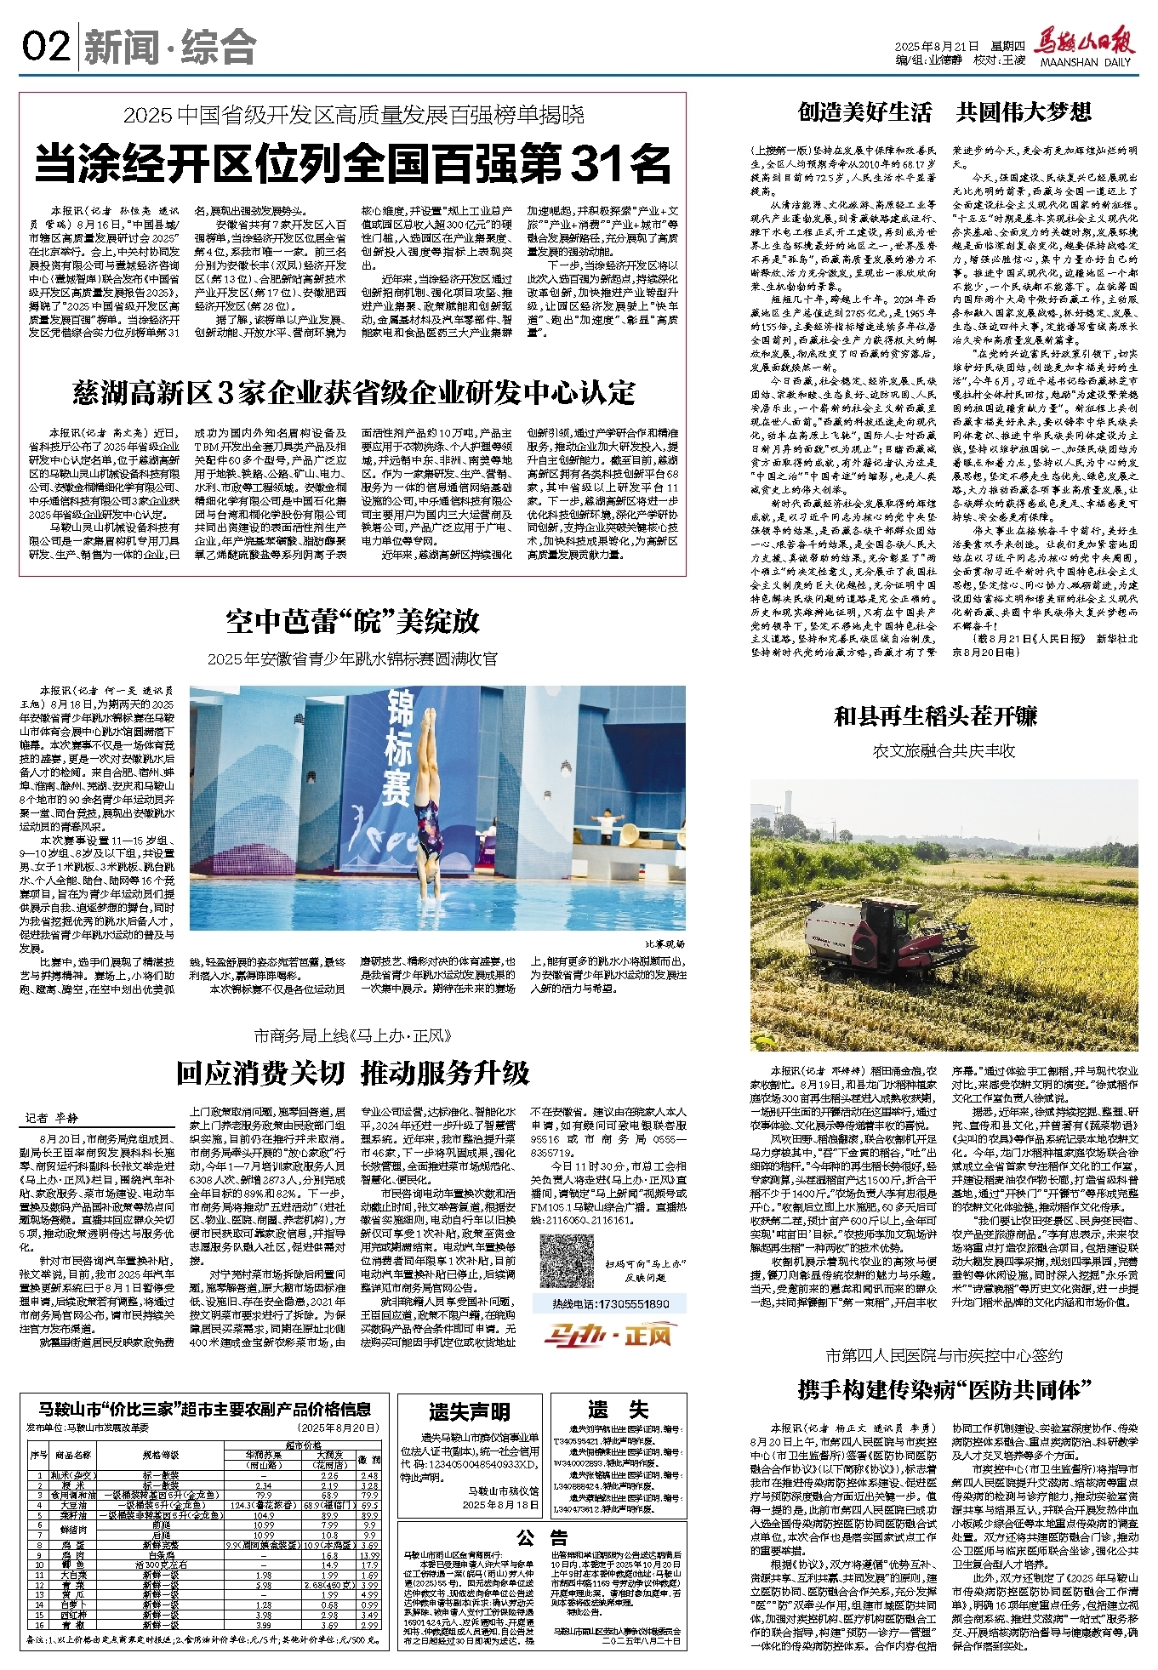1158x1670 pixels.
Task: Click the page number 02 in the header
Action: coord(46,46)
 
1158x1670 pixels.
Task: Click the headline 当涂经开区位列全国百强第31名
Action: coord(352,163)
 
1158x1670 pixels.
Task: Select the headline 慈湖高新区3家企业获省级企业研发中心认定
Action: coord(353,392)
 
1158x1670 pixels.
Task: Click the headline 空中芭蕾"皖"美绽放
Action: coord(352,622)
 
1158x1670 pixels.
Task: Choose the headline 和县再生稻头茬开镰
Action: coord(935,716)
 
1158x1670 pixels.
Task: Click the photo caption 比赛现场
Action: coord(665,944)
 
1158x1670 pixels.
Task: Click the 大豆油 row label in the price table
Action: coord(73,1505)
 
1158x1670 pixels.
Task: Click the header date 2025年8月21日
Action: coord(938,47)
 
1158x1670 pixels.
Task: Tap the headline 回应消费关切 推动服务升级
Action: coord(352,1073)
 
